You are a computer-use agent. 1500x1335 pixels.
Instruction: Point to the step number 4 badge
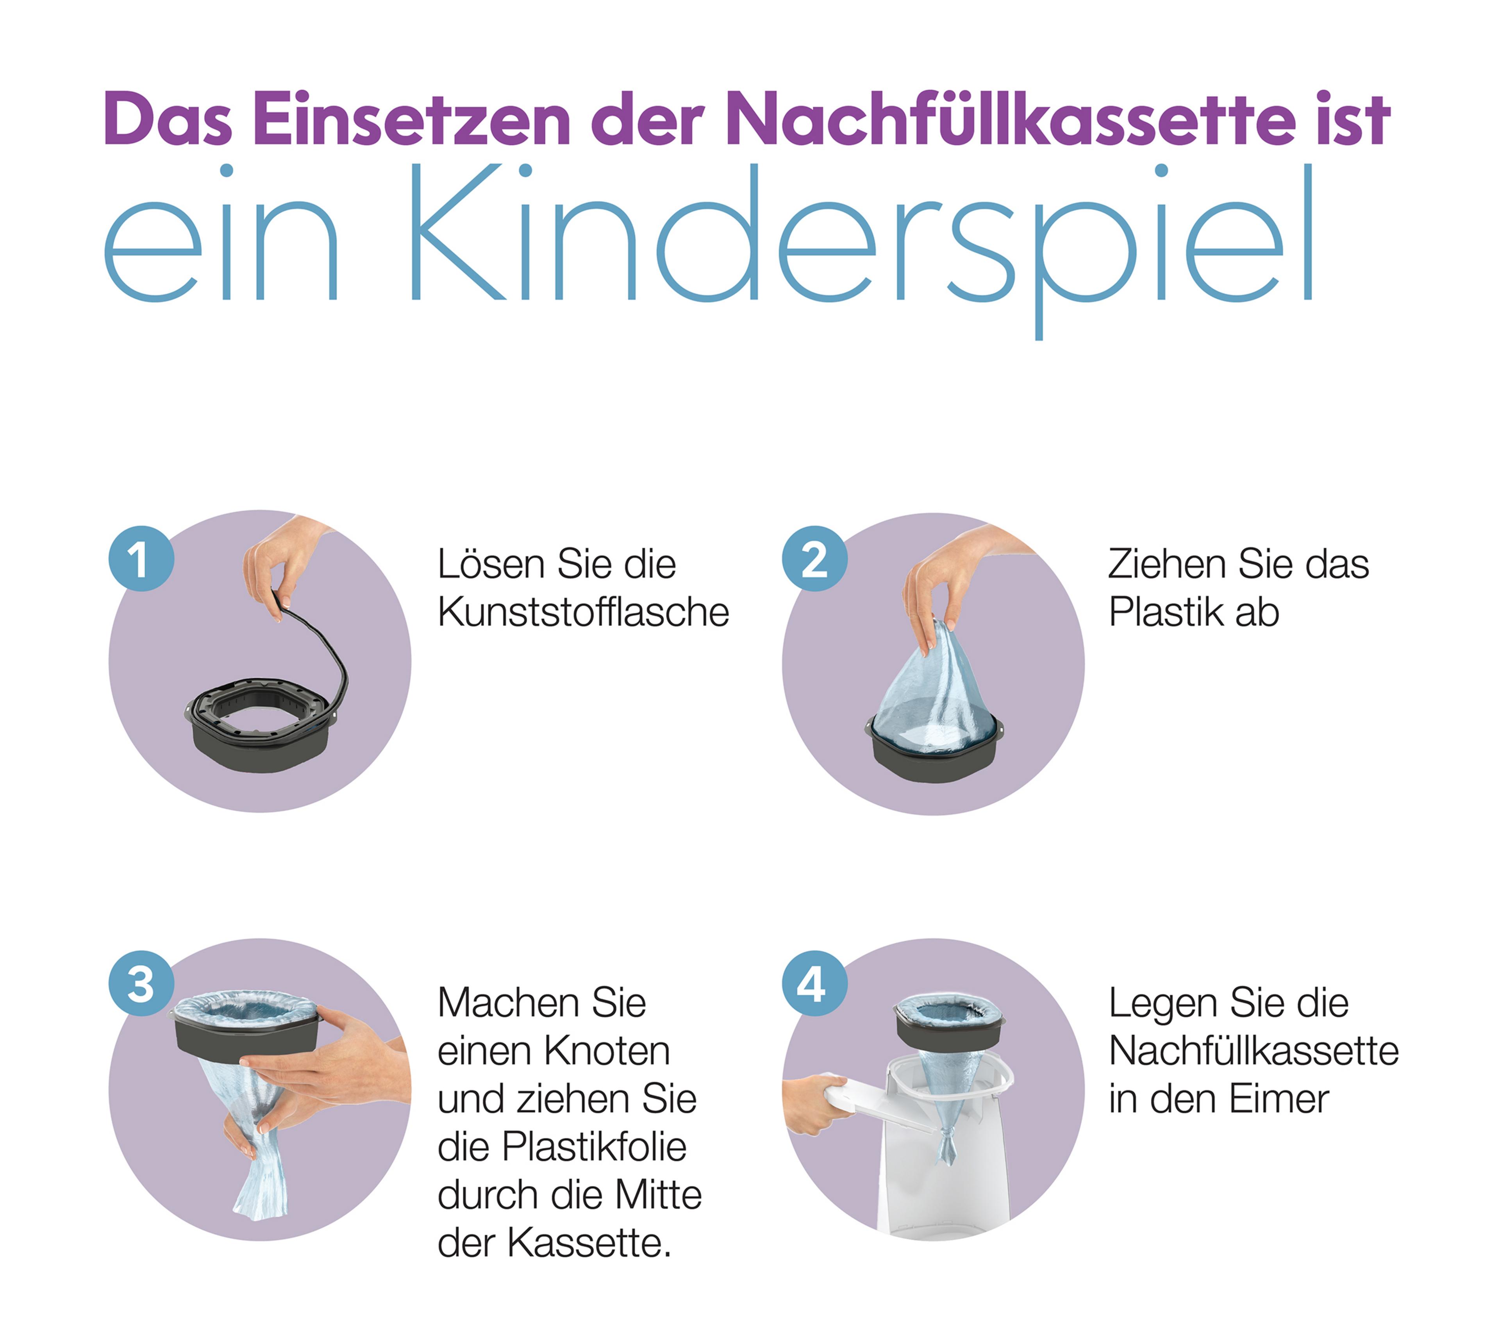(x=814, y=983)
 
